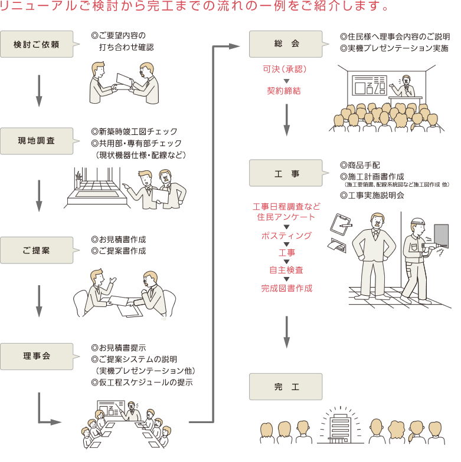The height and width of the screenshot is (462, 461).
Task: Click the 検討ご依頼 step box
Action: point(37,45)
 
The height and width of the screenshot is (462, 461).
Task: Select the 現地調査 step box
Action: point(37,141)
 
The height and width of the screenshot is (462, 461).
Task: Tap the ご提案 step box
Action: point(37,250)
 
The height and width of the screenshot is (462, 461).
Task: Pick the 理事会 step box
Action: point(37,356)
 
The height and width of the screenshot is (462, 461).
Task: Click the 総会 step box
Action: point(286,45)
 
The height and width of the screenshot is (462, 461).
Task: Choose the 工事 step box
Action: point(286,174)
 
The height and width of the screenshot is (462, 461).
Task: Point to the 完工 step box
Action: point(286,387)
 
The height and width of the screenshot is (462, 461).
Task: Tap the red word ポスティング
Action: point(286,236)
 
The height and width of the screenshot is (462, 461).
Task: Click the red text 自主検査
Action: point(286,270)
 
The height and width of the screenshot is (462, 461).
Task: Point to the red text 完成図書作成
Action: point(286,288)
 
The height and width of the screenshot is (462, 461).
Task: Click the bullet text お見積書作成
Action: point(118,240)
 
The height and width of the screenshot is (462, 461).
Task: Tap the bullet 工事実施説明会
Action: point(372,195)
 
